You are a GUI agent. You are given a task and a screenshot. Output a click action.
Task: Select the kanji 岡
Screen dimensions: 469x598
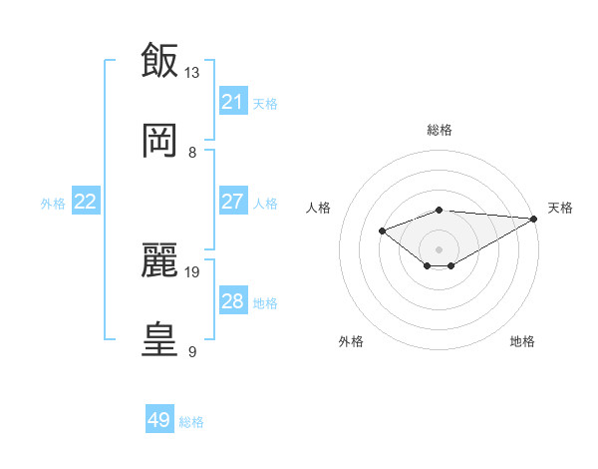(159, 140)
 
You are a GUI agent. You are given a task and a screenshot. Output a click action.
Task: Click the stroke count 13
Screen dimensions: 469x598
(192, 72)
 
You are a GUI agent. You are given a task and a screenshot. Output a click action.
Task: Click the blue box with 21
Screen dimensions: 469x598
(233, 101)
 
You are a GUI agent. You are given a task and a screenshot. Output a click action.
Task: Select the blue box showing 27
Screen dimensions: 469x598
(233, 202)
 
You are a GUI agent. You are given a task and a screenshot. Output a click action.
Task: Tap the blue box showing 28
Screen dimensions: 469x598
(233, 301)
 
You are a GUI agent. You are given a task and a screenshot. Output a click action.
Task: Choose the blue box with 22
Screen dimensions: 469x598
(86, 202)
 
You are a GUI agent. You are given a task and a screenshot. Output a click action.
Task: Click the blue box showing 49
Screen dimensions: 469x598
(159, 420)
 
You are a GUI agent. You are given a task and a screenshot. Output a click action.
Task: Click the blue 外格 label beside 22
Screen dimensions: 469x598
(53, 203)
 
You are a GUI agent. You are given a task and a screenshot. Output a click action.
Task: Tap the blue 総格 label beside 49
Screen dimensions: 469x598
(191, 422)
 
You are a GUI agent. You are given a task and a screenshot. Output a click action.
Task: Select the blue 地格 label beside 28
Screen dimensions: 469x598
(265, 302)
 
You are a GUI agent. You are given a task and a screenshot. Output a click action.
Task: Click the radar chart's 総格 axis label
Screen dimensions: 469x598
(440, 130)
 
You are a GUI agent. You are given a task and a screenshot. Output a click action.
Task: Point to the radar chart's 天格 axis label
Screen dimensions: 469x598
(560, 208)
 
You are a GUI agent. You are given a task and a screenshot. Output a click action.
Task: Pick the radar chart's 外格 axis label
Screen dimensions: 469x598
(351, 341)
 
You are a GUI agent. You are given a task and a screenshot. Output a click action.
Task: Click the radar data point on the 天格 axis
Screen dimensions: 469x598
(533, 219)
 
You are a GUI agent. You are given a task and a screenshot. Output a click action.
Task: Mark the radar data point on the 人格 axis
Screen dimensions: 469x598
(382, 231)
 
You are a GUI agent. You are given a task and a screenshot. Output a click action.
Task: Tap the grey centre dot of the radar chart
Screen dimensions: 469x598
(440, 248)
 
